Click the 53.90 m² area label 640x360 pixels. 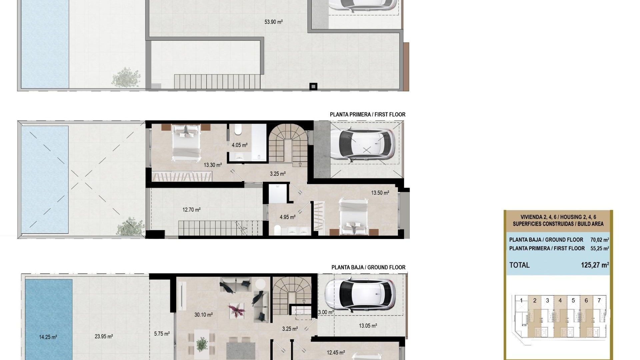point(273,22)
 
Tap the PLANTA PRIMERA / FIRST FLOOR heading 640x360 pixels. point(367,114)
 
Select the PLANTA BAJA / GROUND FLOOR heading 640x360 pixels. point(368,267)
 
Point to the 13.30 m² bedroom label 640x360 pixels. point(213,165)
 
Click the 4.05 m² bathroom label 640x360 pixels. point(239,145)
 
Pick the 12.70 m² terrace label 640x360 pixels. point(191,210)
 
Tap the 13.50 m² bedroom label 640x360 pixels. point(380,193)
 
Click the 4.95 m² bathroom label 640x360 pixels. point(287,217)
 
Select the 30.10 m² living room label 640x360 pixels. point(203,314)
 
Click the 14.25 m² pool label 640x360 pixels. point(48,337)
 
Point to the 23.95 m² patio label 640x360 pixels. point(104,336)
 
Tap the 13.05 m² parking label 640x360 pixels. point(368,326)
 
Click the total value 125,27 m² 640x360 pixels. point(595,265)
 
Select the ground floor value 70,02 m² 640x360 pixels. point(599,240)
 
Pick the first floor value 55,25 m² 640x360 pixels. point(599,248)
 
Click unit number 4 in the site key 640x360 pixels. point(560,300)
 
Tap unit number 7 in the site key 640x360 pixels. point(599,300)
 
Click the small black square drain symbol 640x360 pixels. point(313,87)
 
